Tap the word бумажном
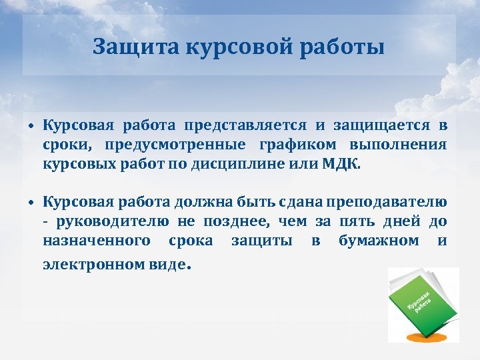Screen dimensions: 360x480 379,239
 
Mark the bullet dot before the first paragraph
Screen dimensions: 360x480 31,126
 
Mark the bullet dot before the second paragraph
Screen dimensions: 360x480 31,203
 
